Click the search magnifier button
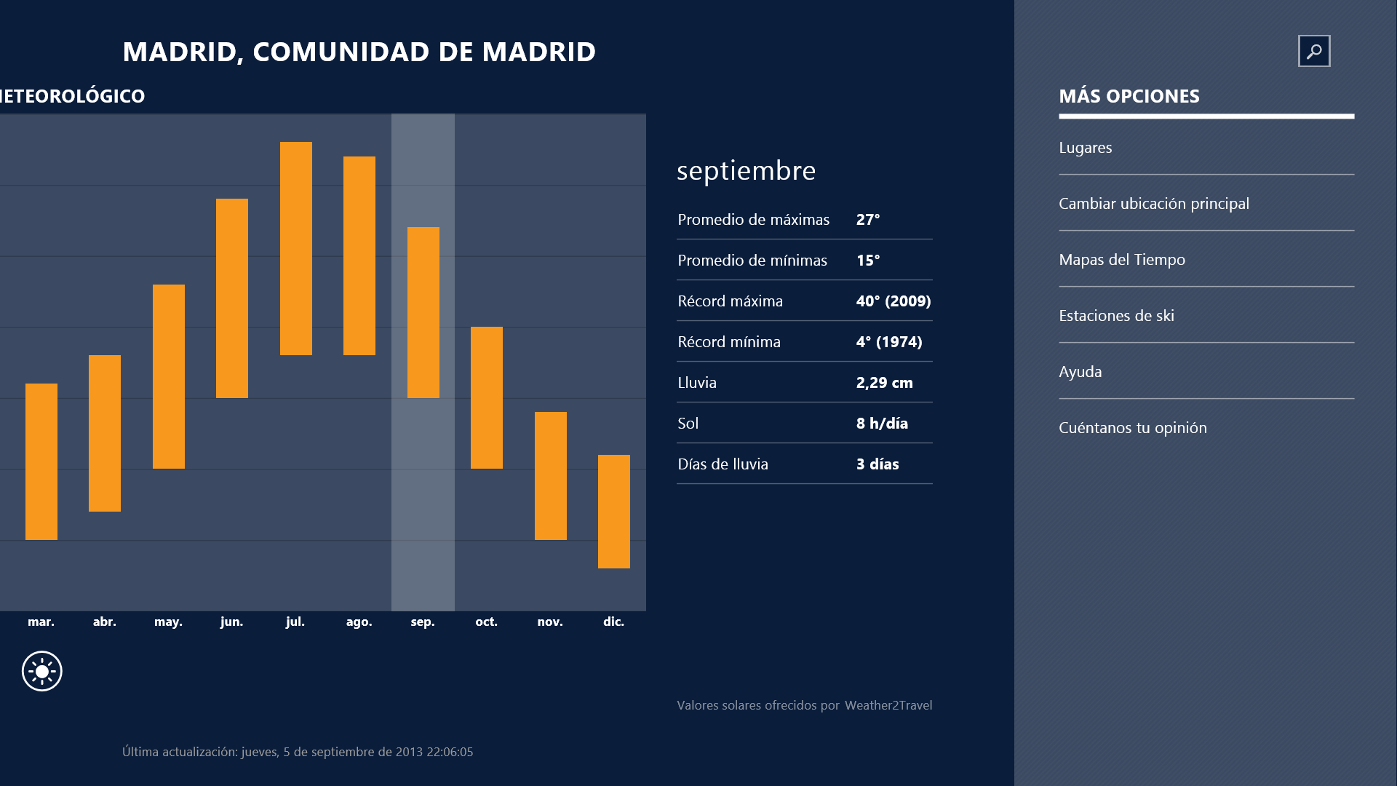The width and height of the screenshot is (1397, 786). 1314,51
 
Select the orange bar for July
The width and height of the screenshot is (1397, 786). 296,248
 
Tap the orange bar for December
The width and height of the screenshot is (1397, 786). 614,511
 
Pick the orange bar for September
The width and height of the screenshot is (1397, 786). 423,312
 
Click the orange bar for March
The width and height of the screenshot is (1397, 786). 41,461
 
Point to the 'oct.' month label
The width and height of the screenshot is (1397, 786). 486,622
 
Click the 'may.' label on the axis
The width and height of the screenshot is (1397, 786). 168,622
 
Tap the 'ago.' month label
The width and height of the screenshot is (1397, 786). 359,622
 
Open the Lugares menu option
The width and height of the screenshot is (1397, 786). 1086,148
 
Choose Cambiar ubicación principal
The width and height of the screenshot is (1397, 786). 1154,204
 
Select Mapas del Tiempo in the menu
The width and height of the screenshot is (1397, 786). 1122,260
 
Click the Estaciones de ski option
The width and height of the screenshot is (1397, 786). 1116,316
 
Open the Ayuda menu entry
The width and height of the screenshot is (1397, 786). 1080,372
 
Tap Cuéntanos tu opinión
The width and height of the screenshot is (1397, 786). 1133,428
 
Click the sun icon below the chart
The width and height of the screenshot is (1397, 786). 42,671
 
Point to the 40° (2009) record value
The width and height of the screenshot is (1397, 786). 893,301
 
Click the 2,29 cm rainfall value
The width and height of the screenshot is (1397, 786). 884,383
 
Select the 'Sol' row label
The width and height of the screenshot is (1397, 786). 688,424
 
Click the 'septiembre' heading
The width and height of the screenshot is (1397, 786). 746,171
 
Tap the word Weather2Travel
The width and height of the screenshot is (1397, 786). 888,705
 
